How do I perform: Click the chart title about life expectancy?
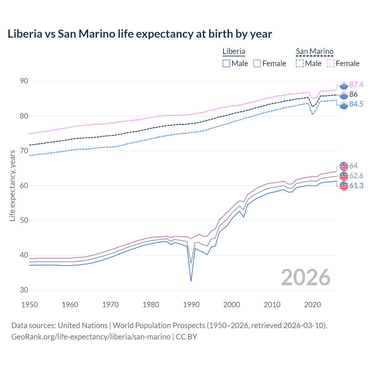[140, 34]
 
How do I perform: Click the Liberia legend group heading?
[234, 51]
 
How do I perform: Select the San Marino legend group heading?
[314, 51]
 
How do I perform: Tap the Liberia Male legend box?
[226, 63]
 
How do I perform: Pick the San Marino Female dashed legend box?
[331, 63]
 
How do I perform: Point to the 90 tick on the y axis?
[24, 81]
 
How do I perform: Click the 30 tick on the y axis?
[24, 290]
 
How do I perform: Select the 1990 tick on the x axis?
[191, 305]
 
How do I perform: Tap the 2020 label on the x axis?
[312, 305]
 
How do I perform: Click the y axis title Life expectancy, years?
[12, 185]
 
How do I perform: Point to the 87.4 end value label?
[356, 85]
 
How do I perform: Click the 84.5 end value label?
[356, 104]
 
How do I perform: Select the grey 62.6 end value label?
[356, 176]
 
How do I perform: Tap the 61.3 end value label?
[356, 186]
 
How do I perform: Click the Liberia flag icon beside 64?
[344, 166]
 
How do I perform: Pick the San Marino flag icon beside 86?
[344, 95]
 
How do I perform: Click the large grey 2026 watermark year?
[306, 277]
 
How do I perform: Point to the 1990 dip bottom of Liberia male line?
[191, 281]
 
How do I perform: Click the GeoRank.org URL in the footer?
[91, 337]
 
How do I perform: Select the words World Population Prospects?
[159, 325]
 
